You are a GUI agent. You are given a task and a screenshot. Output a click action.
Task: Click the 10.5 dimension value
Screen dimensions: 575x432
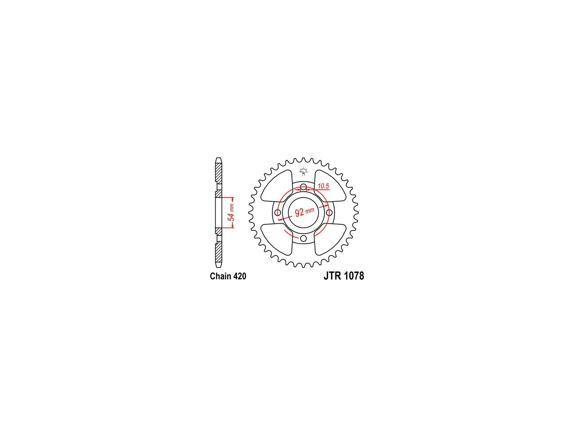point(323,186)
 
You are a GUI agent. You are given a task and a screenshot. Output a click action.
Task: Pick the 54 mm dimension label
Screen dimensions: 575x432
point(231,212)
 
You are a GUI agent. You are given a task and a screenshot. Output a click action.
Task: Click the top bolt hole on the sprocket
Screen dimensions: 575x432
point(303,187)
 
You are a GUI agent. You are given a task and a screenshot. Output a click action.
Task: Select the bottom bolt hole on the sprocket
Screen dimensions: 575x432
point(303,238)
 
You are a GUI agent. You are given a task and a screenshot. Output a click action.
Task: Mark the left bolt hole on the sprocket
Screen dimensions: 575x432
point(278,212)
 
